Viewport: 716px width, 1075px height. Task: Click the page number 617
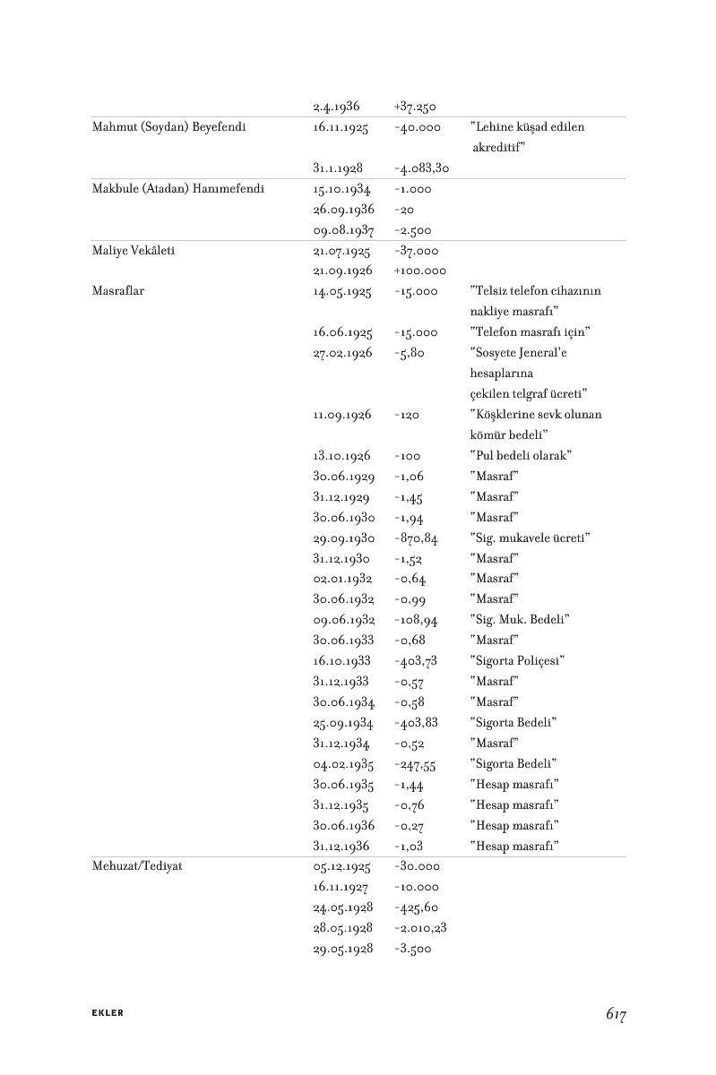click(615, 1014)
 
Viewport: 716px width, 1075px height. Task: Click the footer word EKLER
click(108, 1013)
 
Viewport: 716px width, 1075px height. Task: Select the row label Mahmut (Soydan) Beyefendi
click(169, 127)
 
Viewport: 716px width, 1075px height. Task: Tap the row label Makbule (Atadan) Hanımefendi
click(178, 189)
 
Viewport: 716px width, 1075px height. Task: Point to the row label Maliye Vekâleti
click(134, 251)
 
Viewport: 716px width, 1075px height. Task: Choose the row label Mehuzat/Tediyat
click(137, 867)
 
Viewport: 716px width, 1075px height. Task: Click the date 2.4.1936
click(336, 107)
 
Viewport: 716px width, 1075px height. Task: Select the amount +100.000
click(420, 271)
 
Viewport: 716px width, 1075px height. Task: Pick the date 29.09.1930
click(343, 537)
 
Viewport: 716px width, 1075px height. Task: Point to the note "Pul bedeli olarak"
click(521, 455)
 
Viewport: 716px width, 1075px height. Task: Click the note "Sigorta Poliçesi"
click(517, 661)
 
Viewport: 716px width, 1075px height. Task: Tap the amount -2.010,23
click(420, 928)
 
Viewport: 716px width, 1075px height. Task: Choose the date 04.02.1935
click(343, 764)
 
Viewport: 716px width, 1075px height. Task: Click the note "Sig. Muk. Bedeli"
click(520, 620)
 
